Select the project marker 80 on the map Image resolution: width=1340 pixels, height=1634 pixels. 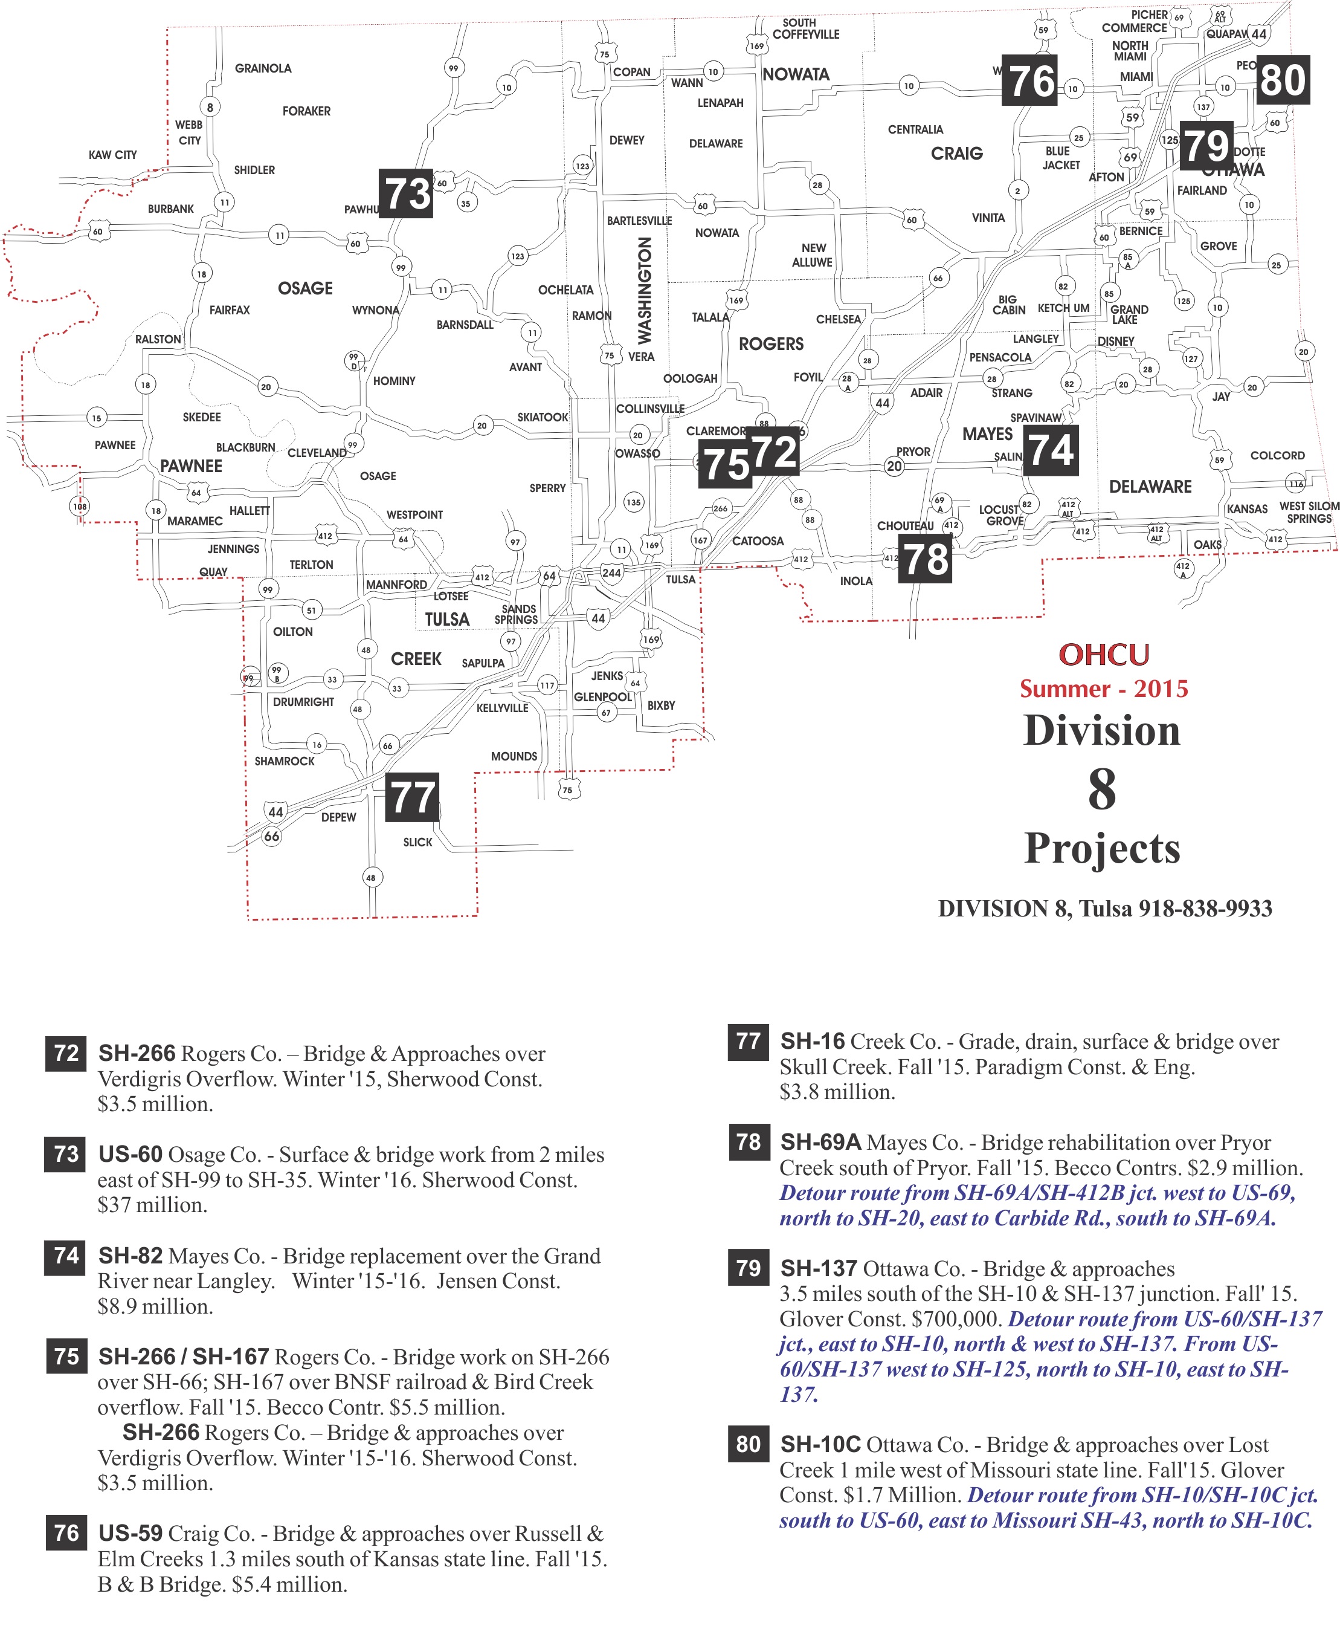pos(1282,80)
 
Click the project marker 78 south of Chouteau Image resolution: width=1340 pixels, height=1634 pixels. pos(925,560)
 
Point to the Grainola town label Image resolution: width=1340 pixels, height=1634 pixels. pos(263,68)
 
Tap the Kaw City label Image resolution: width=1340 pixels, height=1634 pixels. pos(113,154)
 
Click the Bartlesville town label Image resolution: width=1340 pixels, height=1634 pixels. pos(639,221)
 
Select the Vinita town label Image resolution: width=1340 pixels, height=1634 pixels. pos(988,218)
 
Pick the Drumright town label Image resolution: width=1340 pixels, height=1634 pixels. pos(303,702)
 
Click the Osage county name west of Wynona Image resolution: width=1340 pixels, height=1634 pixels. pos(305,288)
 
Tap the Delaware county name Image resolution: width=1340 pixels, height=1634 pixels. pos(1150,487)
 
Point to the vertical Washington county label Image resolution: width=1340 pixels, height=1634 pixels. pos(645,290)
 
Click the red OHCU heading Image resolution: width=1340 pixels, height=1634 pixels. pos(1103,655)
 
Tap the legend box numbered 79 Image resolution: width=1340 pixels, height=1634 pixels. pos(748,1268)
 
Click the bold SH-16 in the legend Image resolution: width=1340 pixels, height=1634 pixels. pos(812,1041)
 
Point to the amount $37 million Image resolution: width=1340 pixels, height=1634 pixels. pos(152,1205)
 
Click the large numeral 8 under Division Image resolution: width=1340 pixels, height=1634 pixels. pos(1101,789)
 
